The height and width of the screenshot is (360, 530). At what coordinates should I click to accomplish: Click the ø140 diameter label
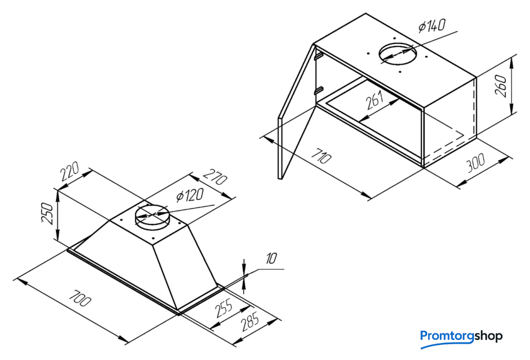(432, 25)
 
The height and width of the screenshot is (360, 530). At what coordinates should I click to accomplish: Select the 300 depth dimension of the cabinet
(476, 163)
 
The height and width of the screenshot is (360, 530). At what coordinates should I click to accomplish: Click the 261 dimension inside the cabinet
(375, 100)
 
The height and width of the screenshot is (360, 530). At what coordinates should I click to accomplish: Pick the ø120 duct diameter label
(190, 195)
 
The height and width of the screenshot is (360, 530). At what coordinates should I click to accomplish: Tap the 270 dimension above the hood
(215, 177)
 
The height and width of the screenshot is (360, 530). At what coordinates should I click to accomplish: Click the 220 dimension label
(70, 171)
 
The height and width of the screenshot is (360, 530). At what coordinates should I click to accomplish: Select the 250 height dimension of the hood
(47, 213)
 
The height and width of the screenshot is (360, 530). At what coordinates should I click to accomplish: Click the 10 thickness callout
(271, 259)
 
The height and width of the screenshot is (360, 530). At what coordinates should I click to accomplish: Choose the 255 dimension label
(225, 308)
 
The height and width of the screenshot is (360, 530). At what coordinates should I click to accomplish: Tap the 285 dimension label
(250, 322)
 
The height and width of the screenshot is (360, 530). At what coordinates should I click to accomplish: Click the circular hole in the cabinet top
(397, 54)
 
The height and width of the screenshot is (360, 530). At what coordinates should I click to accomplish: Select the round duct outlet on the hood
(151, 216)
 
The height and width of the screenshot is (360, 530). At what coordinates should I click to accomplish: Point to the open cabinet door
(297, 112)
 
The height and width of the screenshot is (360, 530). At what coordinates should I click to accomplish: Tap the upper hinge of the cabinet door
(317, 55)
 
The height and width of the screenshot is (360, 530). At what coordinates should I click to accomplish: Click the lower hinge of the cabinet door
(318, 91)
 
